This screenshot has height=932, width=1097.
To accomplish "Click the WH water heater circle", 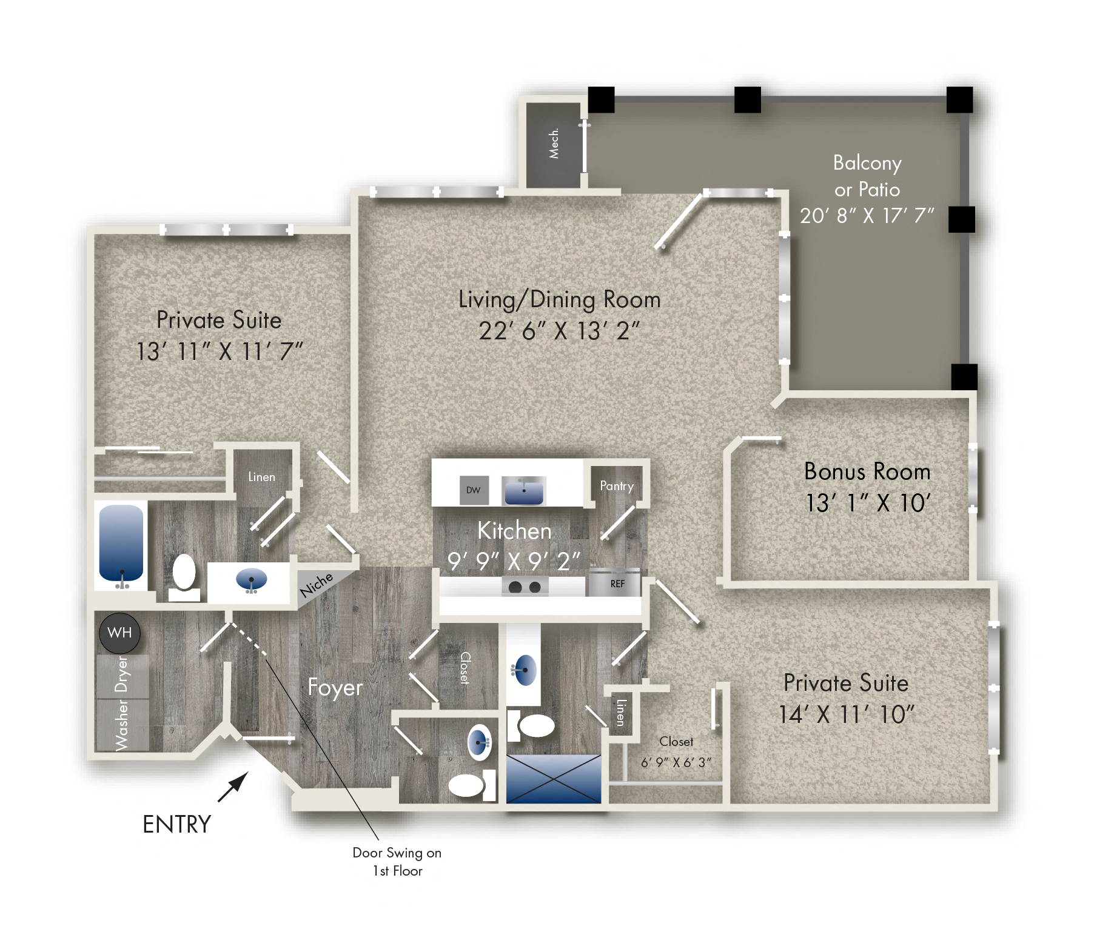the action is pyautogui.click(x=119, y=633).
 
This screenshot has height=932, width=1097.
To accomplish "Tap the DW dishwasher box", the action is pyautogui.click(x=474, y=490).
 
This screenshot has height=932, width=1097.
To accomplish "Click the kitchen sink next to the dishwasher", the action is pyautogui.click(x=524, y=491).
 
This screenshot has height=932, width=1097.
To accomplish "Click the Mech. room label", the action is pyautogui.click(x=554, y=143).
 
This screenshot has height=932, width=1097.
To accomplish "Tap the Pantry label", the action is pyautogui.click(x=617, y=486).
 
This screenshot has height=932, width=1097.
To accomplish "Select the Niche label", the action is pyautogui.click(x=317, y=584).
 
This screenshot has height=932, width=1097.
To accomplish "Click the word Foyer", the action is pyautogui.click(x=335, y=687).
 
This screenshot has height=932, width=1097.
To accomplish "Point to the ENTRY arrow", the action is pyautogui.click(x=233, y=787).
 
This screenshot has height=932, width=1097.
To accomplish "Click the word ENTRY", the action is pyautogui.click(x=176, y=824).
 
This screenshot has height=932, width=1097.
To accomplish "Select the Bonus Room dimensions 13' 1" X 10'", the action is pyautogui.click(x=868, y=503).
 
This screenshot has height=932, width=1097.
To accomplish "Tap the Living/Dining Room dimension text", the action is pyautogui.click(x=559, y=331).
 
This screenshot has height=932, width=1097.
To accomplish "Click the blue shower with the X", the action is pyautogui.click(x=554, y=779).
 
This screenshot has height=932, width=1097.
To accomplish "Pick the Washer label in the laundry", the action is pyautogui.click(x=122, y=725).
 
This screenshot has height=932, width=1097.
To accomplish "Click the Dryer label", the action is pyautogui.click(x=122, y=674).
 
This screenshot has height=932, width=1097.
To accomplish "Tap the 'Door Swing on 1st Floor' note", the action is pyautogui.click(x=397, y=862).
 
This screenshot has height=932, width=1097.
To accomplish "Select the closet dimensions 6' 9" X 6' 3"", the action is pyautogui.click(x=676, y=762).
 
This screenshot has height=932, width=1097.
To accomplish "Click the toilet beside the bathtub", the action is pyautogui.click(x=184, y=576).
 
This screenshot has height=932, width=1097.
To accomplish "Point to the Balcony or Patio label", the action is pyautogui.click(x=867, y=176).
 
